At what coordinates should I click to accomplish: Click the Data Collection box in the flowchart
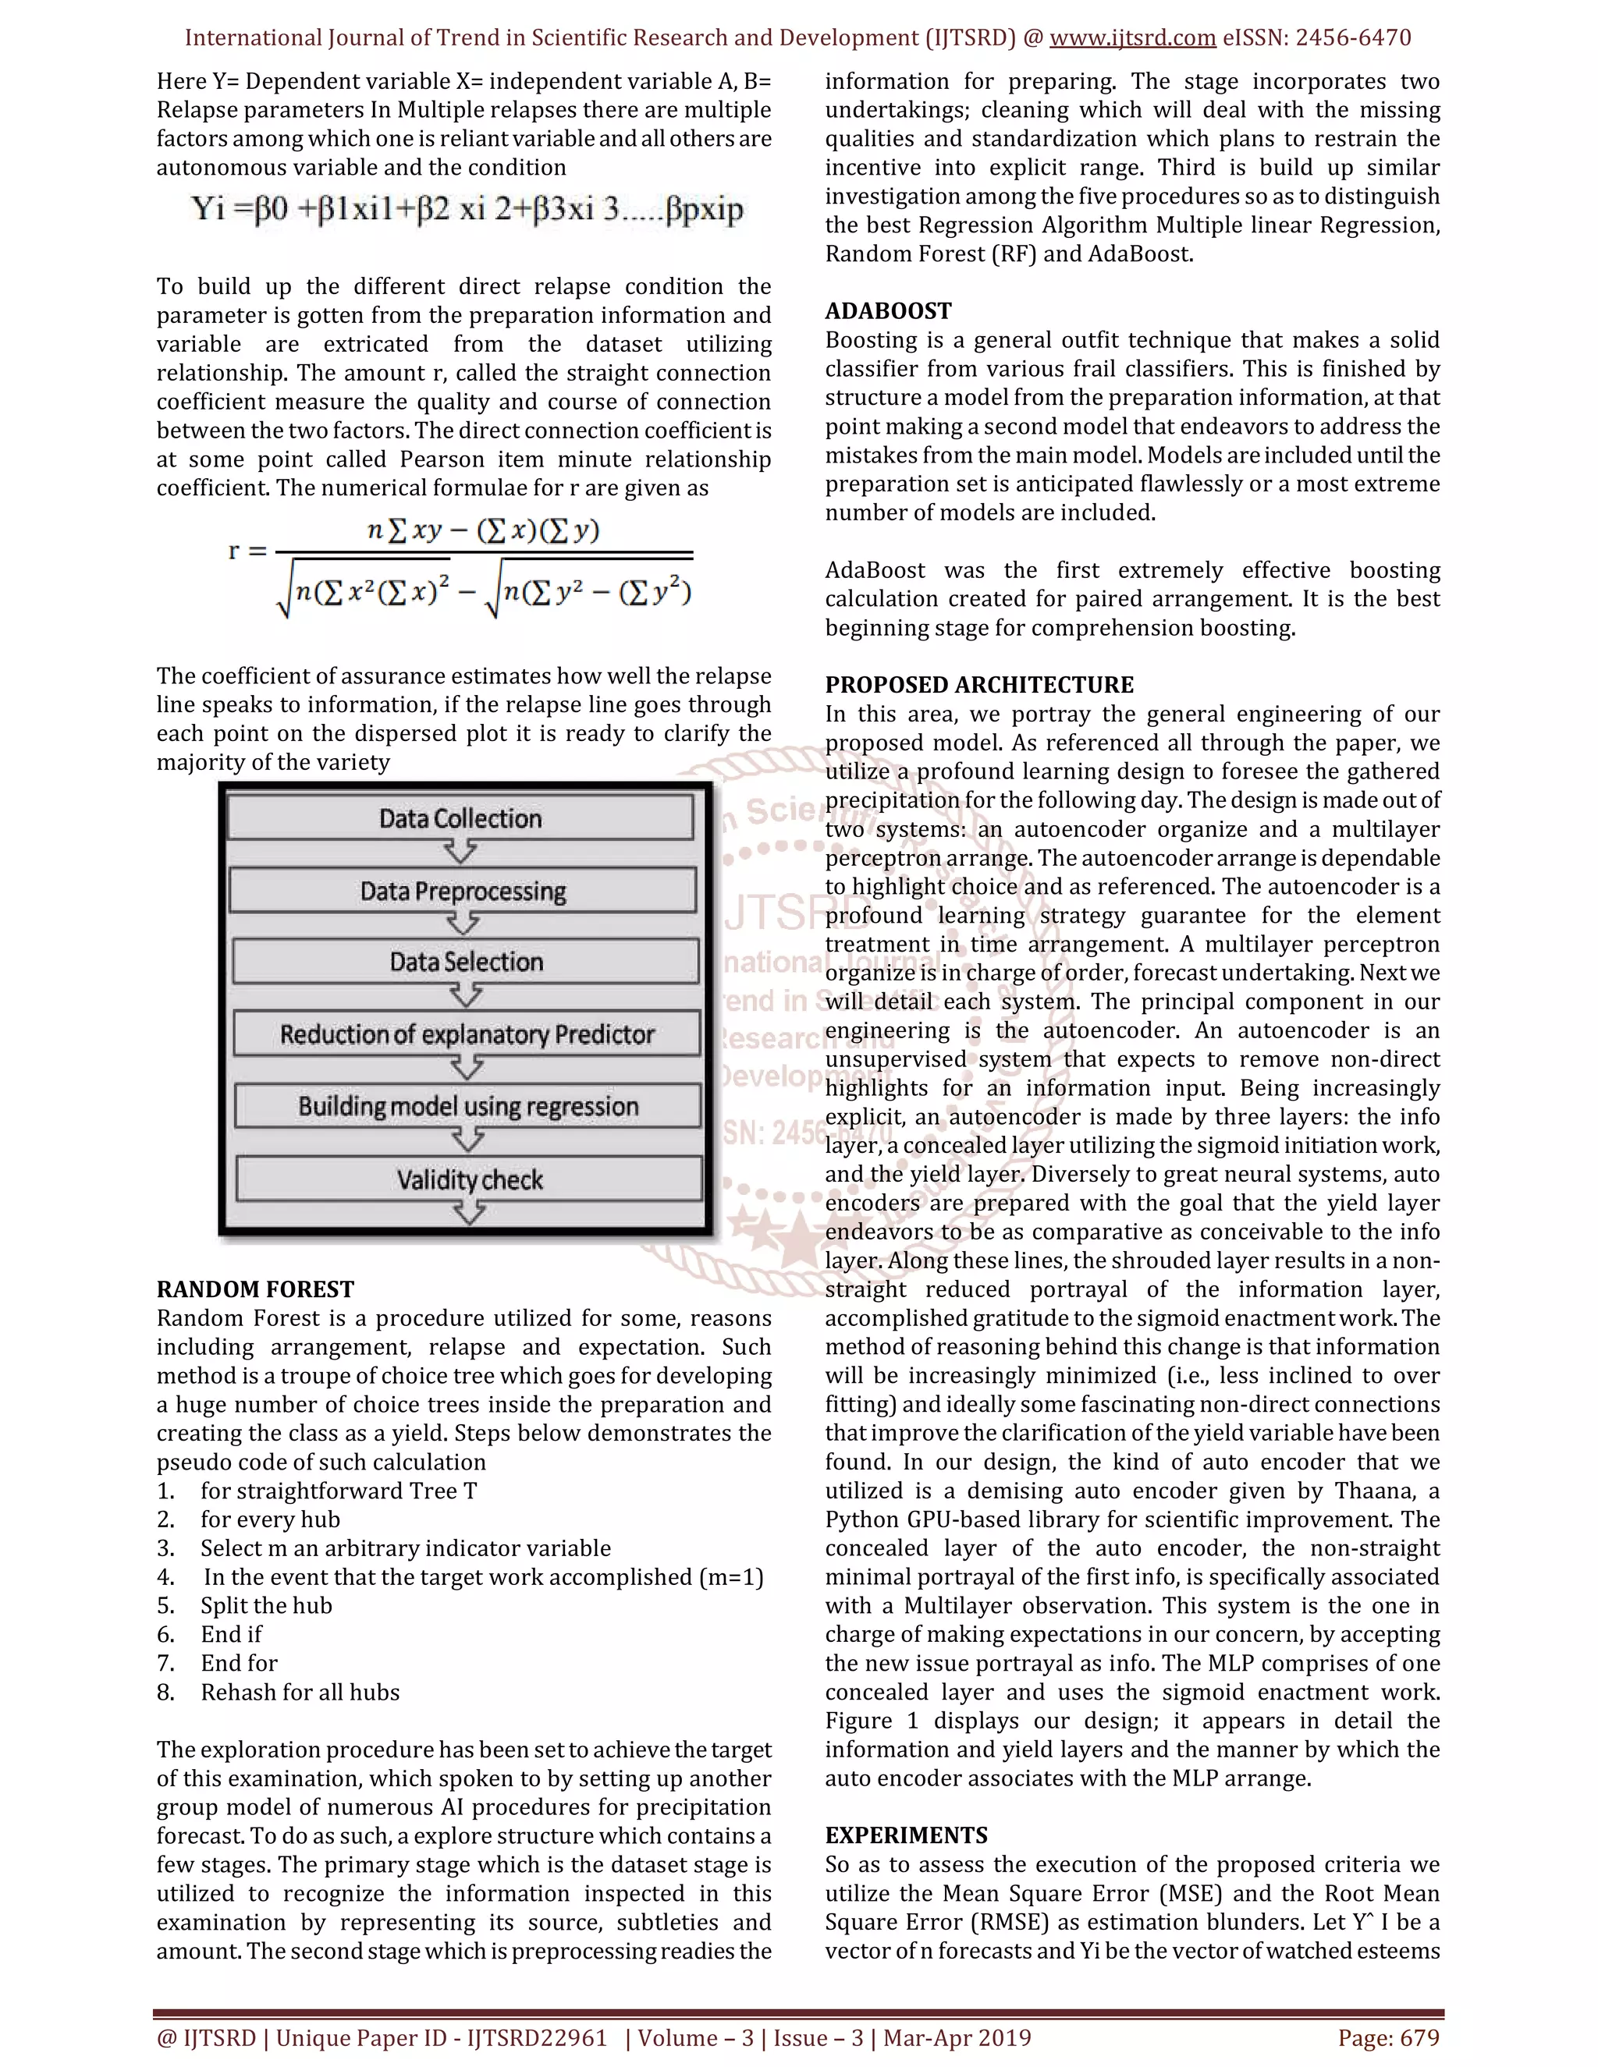[x=460, y=817]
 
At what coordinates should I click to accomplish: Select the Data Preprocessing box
[x=463, y=891]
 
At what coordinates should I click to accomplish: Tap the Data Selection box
[x=466, y=962]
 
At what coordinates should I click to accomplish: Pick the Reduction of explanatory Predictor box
[x=467, y=1033]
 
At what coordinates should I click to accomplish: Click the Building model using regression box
[x=467, y=1105]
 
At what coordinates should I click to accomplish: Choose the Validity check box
[x=470, y=1179]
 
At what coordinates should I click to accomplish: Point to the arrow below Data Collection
[x=460, y=852]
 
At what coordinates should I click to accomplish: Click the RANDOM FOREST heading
[x=256, y=1289]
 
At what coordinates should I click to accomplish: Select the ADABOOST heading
[x=888, y=310]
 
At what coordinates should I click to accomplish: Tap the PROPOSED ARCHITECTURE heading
[x=979, y=684]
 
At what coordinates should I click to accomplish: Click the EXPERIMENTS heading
[x=906, y=1835]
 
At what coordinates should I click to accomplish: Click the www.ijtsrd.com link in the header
[x=1132, y=38]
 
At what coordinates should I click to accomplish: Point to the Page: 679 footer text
[x=1388, y=2037]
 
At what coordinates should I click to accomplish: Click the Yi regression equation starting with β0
[x=467, y=209]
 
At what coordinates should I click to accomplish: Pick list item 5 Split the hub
[x=266, y=1605]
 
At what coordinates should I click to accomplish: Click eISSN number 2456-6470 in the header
[x=1353, y=38]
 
